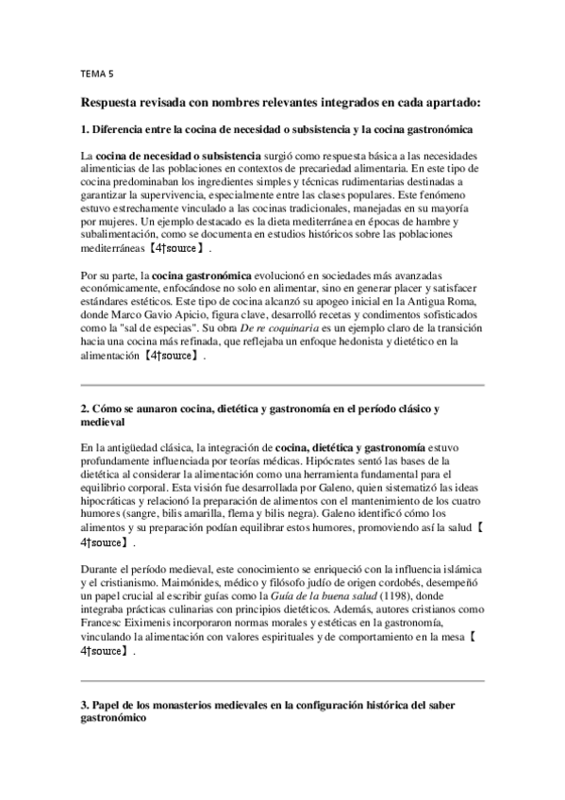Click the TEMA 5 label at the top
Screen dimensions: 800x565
point(97,72)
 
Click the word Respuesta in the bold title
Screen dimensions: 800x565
point(115,100)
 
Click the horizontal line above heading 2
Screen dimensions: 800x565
point(282,386)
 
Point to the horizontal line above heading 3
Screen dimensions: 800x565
point(282,680)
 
